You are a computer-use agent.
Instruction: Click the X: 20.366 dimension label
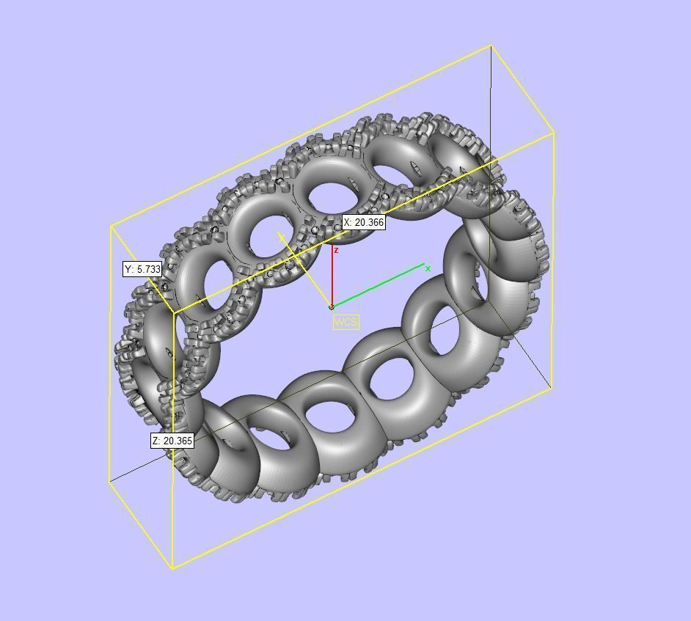[x=364, y=222]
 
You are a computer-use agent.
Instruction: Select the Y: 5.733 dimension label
[x=142, y=269]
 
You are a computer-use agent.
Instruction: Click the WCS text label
[x=345, y=322]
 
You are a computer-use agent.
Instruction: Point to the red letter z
[x=336, y=251]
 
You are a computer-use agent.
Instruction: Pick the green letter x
[x=428, y=268]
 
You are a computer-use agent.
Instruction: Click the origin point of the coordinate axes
[x=332, y=306]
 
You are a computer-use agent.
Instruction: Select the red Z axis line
[x=332, y=279]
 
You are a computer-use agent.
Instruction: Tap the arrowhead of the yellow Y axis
[x=281, y=236]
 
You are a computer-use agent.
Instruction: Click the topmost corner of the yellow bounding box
[x=490, y=46]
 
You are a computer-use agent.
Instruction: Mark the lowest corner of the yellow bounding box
[x=172, y=567]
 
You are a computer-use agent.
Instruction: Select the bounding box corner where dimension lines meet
[x=173, y=313]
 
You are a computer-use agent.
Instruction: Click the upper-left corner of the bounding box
[x=111, y=227]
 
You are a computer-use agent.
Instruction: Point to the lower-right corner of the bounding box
[x=552, y=388]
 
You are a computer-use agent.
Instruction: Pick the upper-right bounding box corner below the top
[x=553, y=133]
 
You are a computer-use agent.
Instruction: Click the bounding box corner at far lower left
[x=110, y=482]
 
